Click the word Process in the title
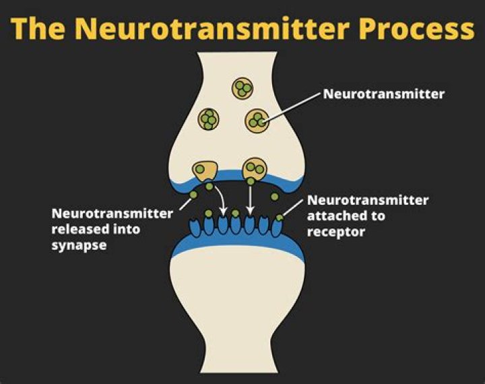[x=417, y=28]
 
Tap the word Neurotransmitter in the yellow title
[x=212, y=28]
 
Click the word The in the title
[x=38, y=28]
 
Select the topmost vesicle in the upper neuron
[x=243, y=88]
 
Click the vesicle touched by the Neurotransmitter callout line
[x=257, y=121]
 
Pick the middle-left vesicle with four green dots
[x=208, y=119]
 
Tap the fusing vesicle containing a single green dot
[x=205, y=171]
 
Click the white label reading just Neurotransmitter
[x=383, y=94]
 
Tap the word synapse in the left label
[x=79, y=245]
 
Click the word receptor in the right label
[x=336, y=232]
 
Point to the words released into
[x=96, y=230]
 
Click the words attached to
[x=346, y=216]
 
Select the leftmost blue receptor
[x=195, y=228]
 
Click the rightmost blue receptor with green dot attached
[x=277, y=228]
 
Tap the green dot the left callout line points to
[x=193, y=195]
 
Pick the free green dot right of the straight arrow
[x=274, y=197]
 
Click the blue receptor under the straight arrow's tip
[x=250, y=225]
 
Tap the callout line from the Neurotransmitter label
[x=292, y=107]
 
